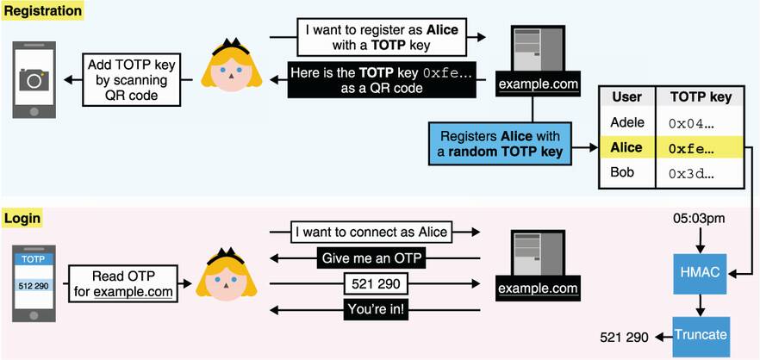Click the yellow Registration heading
coord(43,11)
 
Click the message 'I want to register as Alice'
coord(382,37)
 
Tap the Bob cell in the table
coord(622,173)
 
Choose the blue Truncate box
coord(701,333)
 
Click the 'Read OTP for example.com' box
coord(121,282)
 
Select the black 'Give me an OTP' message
coord(373,258)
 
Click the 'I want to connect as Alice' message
coord(371,232)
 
